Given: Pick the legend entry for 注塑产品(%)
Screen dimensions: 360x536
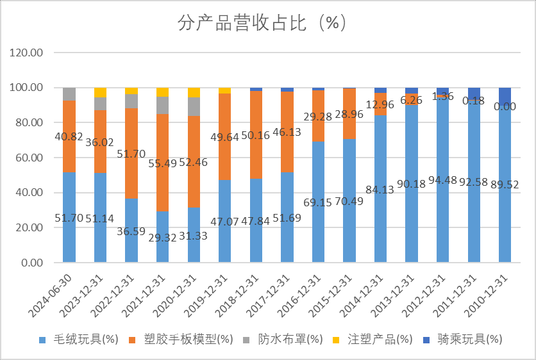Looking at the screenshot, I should click(x=378, y=339).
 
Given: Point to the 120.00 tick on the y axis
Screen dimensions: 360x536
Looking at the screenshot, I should click(x=28, y=53).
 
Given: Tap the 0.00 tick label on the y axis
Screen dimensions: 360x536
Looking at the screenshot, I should click(x=33, y=263).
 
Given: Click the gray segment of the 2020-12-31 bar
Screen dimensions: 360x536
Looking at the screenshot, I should click(x=194, y=106).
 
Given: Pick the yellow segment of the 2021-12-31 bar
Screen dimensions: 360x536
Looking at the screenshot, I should click(x=162, y=92).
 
